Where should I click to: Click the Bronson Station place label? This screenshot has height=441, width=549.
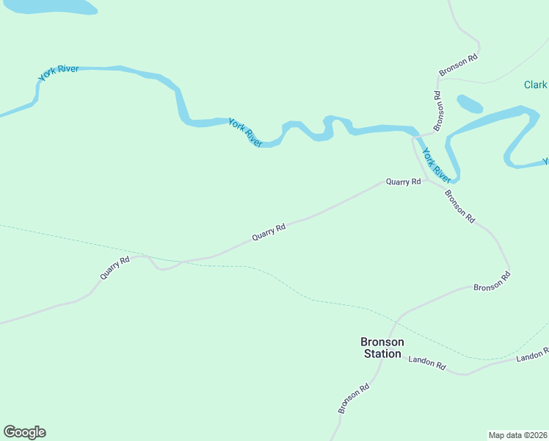coord(382,348)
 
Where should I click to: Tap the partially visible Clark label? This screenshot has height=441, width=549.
coord(535,85)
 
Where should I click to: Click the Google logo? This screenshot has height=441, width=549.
coord(24,432)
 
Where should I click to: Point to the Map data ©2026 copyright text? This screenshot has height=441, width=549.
coord(517,434)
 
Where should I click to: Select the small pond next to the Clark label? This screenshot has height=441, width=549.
coord(470,104)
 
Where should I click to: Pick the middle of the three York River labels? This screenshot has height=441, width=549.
coord(245,132)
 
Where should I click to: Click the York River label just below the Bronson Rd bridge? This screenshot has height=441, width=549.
coord(436,165)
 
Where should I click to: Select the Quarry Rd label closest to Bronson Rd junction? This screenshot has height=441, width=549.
coord(403,182)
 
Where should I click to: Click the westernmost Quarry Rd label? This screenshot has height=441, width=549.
coord(115,266)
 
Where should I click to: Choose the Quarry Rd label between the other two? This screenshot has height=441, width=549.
coord(268,232)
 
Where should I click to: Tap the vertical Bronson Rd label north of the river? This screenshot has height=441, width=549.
coord(438,111)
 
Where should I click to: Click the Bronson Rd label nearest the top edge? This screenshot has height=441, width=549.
coord(459,65)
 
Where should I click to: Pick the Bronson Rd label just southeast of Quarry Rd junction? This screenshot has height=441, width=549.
coord(460,207)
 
